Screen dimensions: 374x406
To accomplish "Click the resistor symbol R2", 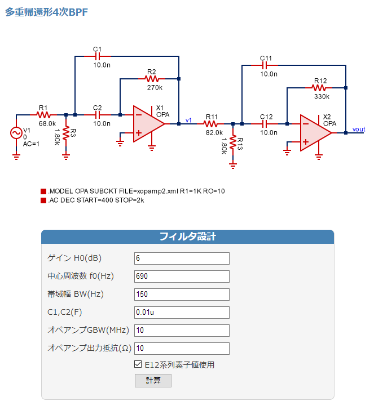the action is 152,79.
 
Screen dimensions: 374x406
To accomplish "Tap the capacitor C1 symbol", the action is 98,56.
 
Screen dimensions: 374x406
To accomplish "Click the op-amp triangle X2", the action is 316,133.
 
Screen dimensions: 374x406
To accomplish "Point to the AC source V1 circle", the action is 16,133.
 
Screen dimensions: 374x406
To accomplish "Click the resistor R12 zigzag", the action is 319,88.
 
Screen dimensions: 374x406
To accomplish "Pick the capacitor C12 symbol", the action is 265,124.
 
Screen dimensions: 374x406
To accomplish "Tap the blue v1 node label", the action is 188,121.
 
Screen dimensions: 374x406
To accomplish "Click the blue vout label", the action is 359,129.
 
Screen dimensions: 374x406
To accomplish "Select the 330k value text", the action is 322,97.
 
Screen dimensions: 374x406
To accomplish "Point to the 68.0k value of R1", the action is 47,123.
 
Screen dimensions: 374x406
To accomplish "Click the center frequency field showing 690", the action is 182,276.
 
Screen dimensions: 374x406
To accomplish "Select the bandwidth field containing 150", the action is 182,295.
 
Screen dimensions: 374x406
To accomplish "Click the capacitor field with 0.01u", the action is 182,313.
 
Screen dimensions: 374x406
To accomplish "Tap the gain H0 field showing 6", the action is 182,258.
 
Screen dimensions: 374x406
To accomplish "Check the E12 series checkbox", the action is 138,364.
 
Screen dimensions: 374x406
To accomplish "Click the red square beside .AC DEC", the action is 43,200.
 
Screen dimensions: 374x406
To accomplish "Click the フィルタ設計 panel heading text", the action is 188,237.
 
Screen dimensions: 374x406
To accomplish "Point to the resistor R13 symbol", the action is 233,142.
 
